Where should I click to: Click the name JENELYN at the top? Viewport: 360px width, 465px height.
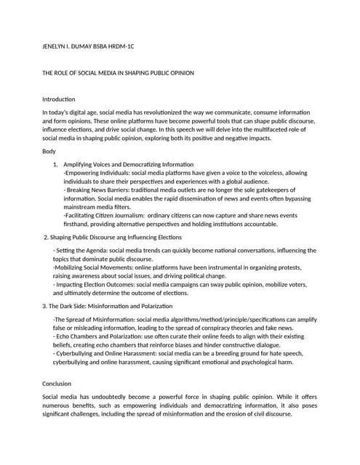tap(55, 47)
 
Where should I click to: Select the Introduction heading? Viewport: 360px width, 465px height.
tap(59, 99)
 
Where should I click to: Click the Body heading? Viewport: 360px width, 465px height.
tap(49, 150)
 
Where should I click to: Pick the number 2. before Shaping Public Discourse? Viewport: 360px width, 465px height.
tap(47, 238)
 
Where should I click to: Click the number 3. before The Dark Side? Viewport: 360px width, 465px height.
tap(44, 307)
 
